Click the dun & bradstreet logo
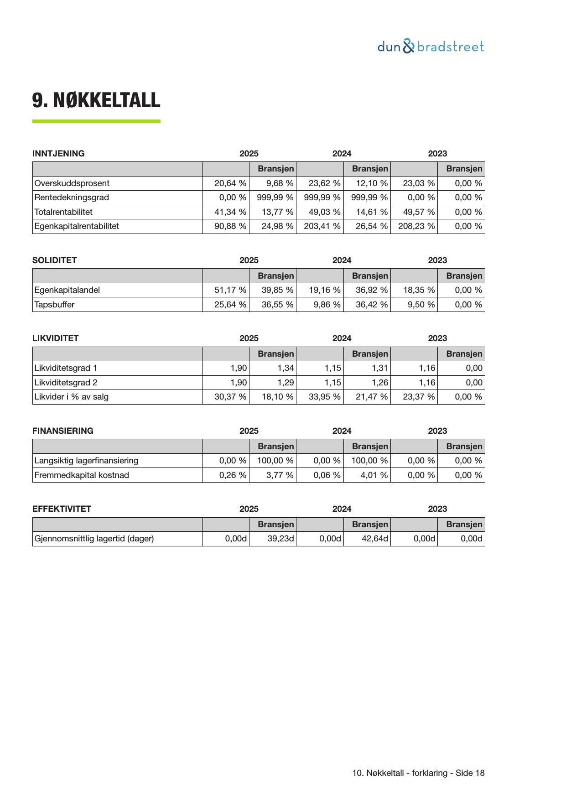click(x=431, y=47)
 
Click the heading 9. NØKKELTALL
click(x=96, y=100)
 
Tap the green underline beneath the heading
click(x=96, y=121)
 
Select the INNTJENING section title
click(x=58, y=154)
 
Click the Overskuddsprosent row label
click(x=72, y=183)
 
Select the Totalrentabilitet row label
click(x=63, y=212)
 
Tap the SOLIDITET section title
click(x=55, y=260)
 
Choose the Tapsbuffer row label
click(x=54, y=305)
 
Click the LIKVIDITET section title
click(x=56, y=338)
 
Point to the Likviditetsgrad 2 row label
click(x=66, y=383)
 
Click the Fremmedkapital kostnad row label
click(x=82, y=475)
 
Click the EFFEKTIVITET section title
click(x=62, y=509)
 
